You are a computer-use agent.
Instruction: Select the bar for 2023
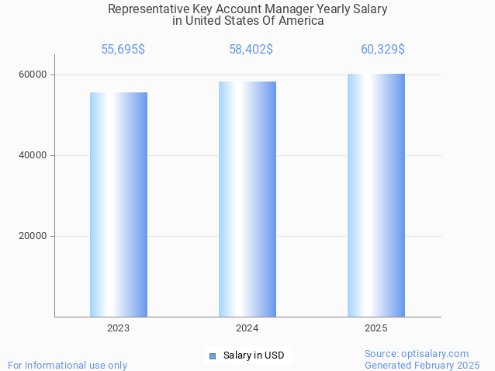coord(119,204)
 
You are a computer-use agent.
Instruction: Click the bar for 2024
coord(247,199)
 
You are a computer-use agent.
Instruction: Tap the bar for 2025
coord(376,195)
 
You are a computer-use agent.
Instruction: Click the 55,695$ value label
coord(123,50)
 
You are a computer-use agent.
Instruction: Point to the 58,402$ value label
coord(251,50)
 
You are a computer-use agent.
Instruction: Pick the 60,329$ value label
coord(382,50)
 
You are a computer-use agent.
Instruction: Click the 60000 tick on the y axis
coord(33,75)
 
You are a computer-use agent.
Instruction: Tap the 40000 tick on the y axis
coord(33,155)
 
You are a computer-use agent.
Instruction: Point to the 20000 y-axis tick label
coord(33,236)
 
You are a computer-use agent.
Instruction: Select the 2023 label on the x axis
coord(119,328)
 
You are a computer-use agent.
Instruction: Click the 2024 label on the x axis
coord(247,328)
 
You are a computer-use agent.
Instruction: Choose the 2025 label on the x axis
coord(376,328)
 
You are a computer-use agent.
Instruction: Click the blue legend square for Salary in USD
coord(213,355)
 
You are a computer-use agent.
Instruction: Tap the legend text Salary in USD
coord(253,355)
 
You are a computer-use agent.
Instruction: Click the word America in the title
coord(303,21)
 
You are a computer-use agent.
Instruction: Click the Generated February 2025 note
coord(422,365)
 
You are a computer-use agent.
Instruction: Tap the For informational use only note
coord(67,365)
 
